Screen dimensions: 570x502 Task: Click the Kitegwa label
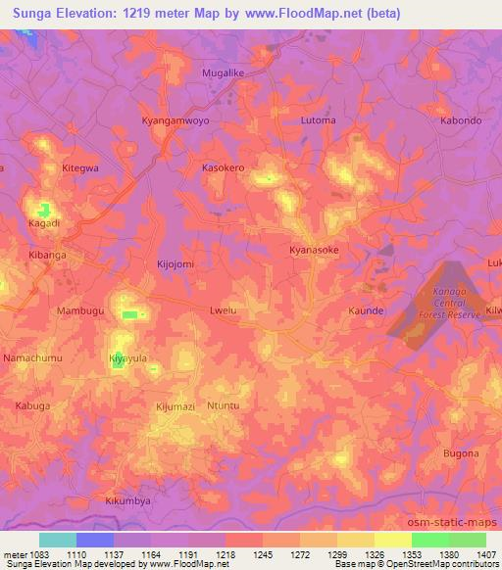80,168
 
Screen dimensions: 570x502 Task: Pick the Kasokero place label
223,168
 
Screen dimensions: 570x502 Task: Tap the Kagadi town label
44,223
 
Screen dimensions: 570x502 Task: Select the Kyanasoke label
315,250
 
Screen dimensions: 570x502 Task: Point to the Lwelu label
224,310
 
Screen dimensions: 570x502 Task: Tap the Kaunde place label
365,310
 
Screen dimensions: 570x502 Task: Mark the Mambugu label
52,310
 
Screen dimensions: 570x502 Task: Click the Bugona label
461,453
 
